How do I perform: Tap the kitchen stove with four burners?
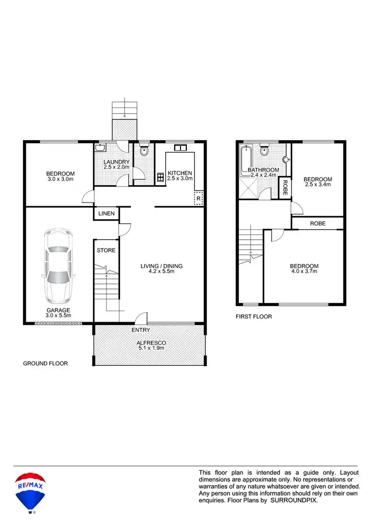(x=160, y=178)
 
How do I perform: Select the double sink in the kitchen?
(x=180, y=148)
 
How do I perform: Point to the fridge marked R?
(x=198, y=198)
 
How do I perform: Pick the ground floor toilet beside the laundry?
(x=144, y=151)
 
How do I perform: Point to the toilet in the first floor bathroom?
(x=264, y=151)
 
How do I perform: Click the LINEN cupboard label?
(x=106, y=214)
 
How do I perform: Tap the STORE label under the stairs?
(x=106, y=251)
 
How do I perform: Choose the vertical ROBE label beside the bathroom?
(x=284, y=188)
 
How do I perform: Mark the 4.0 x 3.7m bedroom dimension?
(x=304, y=271)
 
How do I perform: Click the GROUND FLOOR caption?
(x=45, y=363)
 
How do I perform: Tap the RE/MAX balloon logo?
(x=31, y=490)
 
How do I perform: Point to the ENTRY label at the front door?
(x=141, y=330)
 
